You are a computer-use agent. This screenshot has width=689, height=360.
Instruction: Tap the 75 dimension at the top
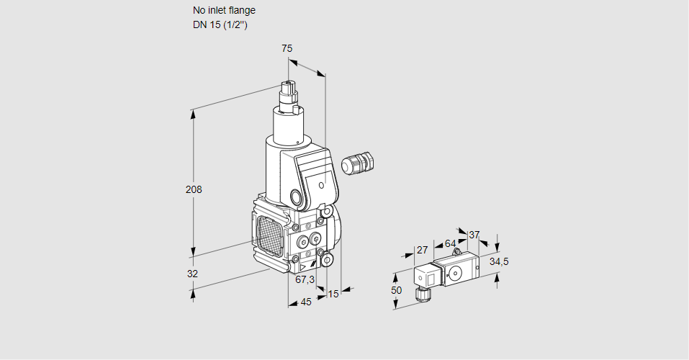click(x=287, y=49)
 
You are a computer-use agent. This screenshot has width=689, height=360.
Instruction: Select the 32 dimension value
click(x=192, y=274)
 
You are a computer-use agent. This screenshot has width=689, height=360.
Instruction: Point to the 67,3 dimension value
click(x=305, y=279)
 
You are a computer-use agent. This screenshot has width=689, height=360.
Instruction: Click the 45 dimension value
click(x=306, y=302)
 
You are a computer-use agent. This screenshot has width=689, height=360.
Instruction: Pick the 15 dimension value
click(x=333, y=294)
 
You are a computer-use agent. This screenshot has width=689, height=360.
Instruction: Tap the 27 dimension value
click(x=423, y=251)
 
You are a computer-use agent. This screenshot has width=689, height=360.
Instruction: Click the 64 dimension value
click(x=450, y=243)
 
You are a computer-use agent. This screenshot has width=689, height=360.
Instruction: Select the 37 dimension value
click(x=474, y=235)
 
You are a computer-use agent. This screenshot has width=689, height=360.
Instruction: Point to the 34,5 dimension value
click(x=499, y=261)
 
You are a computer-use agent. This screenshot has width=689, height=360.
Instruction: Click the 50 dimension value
click(x=396, y=289)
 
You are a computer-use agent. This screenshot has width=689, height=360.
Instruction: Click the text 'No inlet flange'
click(x=224, y=11)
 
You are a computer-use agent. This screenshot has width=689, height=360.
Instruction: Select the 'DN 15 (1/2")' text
click(x=220, y=25)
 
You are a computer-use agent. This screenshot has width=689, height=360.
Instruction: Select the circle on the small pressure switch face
click(x=455, y=273)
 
